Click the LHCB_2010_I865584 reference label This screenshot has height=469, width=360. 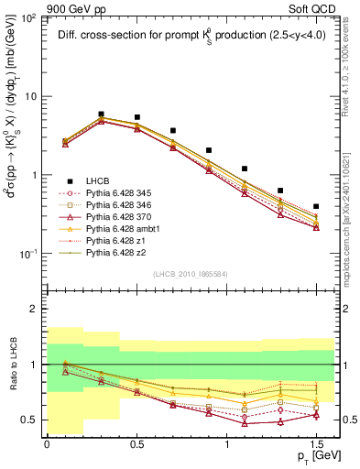click(x=191, y=275)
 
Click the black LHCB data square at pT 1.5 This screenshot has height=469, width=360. click(x=316, y=207)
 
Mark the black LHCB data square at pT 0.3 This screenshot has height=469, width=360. click(x=101, y=115)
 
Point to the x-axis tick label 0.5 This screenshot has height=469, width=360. click(x=136, y=443)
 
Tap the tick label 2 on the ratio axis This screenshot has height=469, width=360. click(x=35, y=310)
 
